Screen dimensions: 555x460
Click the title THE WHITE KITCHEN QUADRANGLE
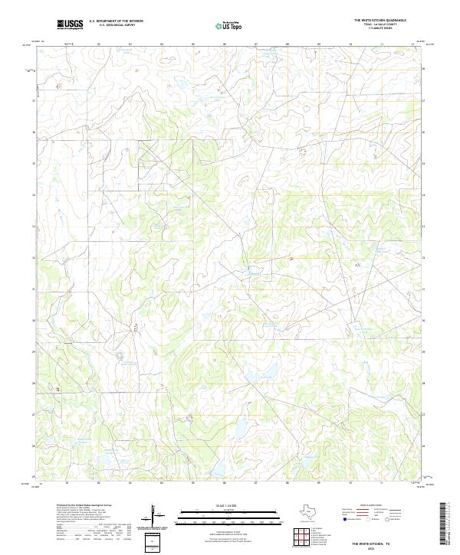pyautogui.click(x=380, y=20)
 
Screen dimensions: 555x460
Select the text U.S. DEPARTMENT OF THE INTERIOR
pyautogui.click(x=116, y=21)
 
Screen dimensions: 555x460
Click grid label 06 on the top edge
pyautogui.click(x=225, y=44)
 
